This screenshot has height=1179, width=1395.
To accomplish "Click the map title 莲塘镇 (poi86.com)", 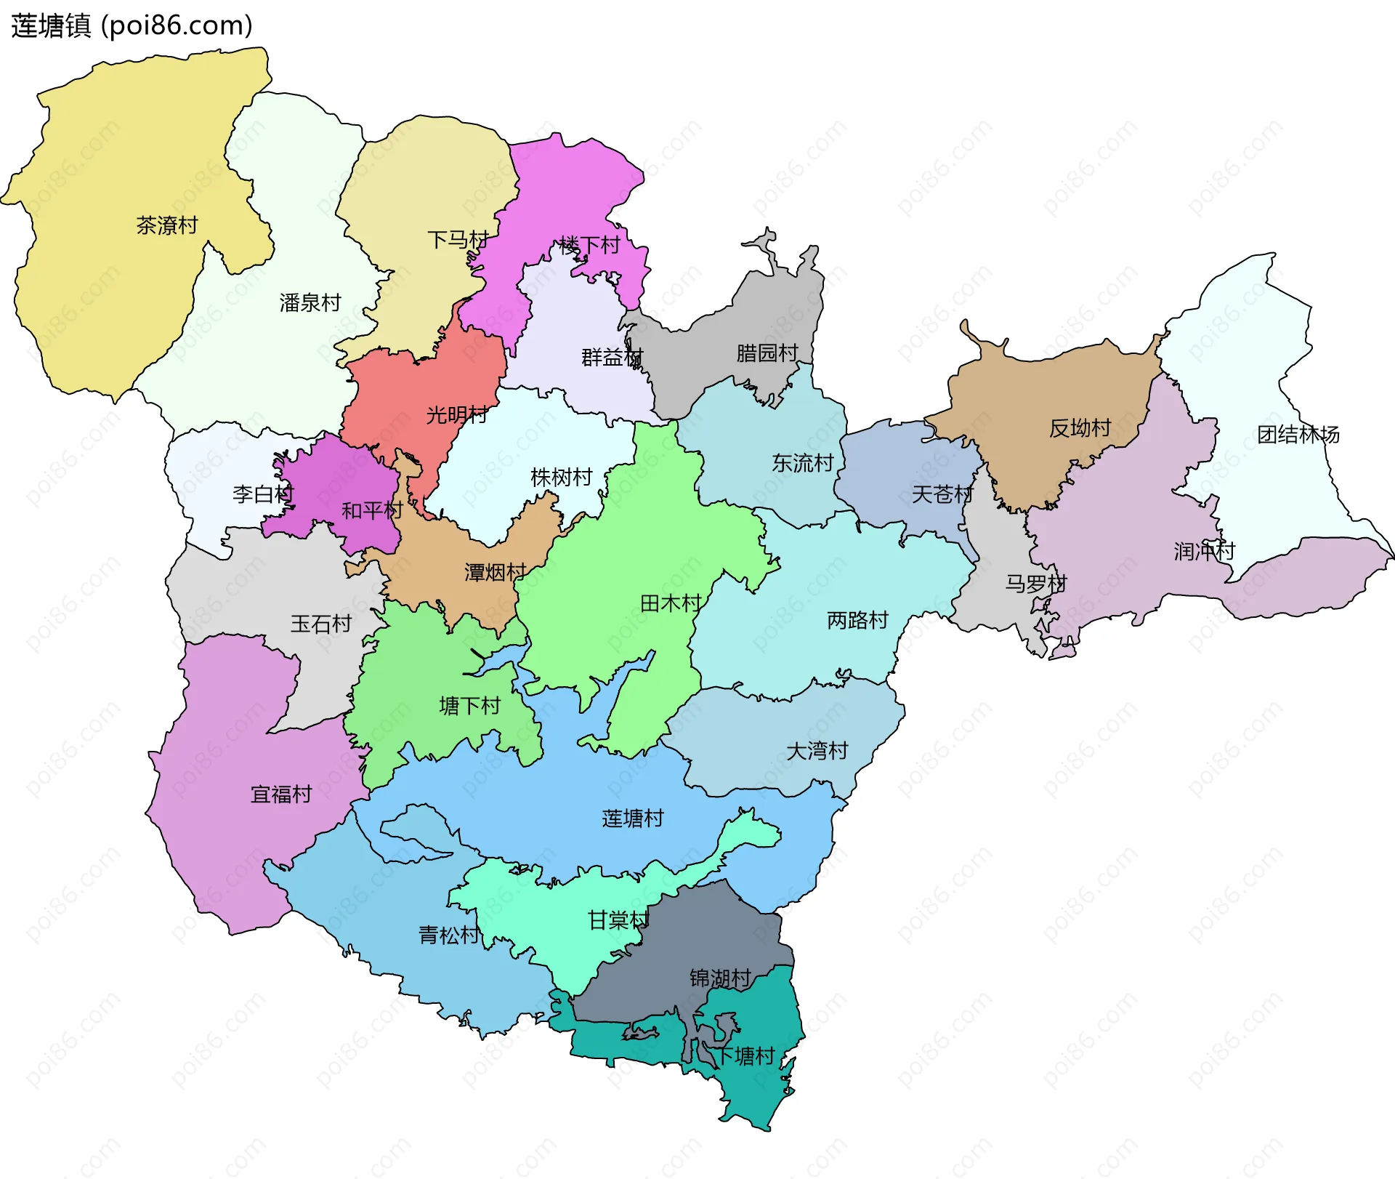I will click(132, 25).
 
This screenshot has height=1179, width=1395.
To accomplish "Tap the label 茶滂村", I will click(167, 225).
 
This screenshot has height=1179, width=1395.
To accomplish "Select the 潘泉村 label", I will click(310, 302).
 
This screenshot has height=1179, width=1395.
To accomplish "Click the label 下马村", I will click(458, 239).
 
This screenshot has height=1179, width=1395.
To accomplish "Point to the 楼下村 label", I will click(589, 245).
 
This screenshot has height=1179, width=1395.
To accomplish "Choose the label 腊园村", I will click(767, 353).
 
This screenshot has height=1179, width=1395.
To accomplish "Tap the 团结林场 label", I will click(1298, 435).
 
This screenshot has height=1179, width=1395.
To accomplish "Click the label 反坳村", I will click(1080, 428).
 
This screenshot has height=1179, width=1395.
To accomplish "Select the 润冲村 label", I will click(1204, 551).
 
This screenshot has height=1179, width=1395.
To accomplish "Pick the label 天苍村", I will click(942, 494).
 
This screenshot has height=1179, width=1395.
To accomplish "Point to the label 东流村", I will click(802, 462).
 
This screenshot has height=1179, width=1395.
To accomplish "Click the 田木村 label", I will click(671, 603).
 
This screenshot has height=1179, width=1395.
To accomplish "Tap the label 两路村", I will click(857, 620).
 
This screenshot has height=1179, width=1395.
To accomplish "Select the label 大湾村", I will click(817, 750).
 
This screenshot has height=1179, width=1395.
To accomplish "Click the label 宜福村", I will click(281, 794).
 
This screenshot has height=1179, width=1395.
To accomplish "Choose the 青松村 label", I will click(449, 935).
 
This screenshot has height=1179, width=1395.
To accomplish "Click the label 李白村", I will click(262, 494).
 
